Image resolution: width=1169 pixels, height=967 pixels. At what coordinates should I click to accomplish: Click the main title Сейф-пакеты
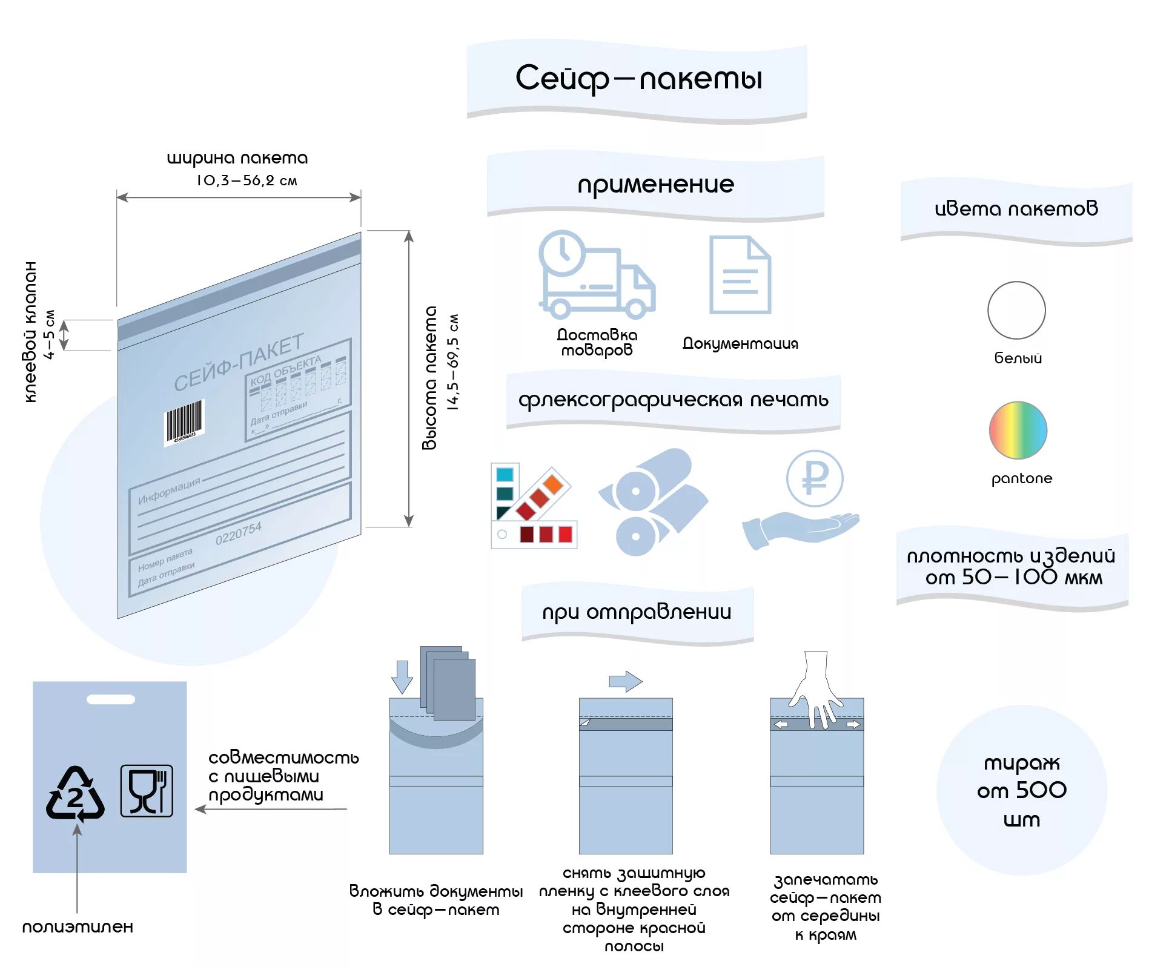click(638, 79)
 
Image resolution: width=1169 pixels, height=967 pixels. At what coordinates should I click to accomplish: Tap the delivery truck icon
click(597, 276)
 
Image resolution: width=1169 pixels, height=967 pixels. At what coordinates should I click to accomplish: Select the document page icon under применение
click(740, 275)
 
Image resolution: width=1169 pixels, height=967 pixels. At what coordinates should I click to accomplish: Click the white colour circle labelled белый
click(1016, 310)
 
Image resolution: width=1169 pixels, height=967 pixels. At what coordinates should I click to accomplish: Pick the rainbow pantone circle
click(1018, 430)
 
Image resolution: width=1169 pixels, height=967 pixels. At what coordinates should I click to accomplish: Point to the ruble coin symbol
click(815, 478)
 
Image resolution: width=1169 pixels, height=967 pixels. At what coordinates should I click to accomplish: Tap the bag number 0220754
click(239, 533)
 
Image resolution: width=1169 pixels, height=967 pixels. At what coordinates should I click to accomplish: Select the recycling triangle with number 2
click(75, 793)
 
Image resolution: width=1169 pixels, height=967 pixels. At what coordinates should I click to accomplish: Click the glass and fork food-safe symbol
click(147, 790)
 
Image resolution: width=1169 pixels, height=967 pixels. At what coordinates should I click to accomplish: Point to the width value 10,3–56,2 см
click(247, 180)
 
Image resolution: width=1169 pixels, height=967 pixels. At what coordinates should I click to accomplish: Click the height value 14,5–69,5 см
click(453, 362)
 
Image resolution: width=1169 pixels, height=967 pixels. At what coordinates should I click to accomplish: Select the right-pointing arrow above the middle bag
click(625, 681)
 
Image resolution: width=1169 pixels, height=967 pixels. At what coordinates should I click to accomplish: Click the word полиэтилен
click(78, 926)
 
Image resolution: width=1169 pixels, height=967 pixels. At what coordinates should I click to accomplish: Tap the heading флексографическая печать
click(673, 400)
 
